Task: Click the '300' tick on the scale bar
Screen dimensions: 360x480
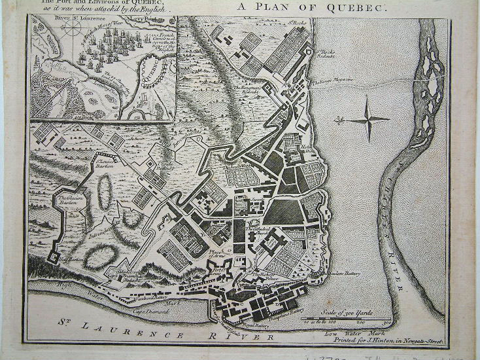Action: coord(386,323)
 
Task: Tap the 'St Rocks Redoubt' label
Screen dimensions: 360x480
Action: coord(326,53)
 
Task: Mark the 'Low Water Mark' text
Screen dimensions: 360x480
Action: coord(347,333)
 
